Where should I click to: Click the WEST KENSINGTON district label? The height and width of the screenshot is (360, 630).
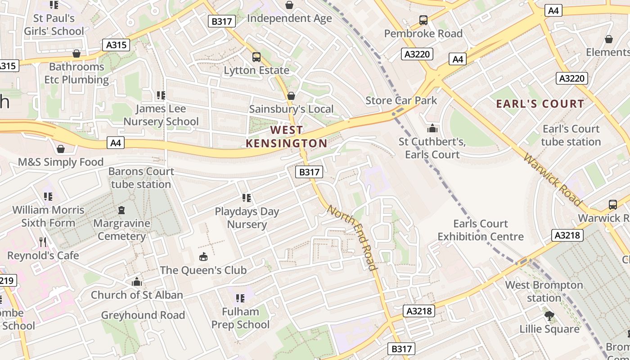pos(286,137)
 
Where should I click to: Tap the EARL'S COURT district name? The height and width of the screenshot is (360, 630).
pos(540,104)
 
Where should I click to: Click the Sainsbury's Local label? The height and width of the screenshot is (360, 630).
pos(291,109)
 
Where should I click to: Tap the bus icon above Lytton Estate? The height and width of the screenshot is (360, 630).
pos(256,57)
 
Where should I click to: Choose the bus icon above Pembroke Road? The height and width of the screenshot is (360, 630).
pos(423,20)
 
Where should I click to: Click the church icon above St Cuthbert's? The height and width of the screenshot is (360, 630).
pos(432,128)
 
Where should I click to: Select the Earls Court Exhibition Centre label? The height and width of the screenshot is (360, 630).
pos(481,230)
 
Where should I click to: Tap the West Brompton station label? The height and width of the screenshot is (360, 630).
pos(544,291)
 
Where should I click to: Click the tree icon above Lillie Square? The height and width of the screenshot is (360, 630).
pos(549,316)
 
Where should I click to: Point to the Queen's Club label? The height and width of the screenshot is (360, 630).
pos(203,270)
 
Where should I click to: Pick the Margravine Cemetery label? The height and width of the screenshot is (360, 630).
pos(121,229)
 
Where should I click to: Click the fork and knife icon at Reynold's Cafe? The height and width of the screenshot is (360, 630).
pos(43,243)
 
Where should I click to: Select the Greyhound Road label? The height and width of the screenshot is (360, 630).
pos(143,315)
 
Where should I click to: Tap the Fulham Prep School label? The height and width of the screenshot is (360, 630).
pos(240,318)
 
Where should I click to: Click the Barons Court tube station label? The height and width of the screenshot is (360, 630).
pos(141,178)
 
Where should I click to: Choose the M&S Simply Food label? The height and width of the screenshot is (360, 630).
pos(61,162)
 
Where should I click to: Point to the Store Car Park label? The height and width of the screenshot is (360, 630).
pos(401,100)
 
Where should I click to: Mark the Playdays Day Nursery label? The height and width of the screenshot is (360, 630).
pos(247,218)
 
